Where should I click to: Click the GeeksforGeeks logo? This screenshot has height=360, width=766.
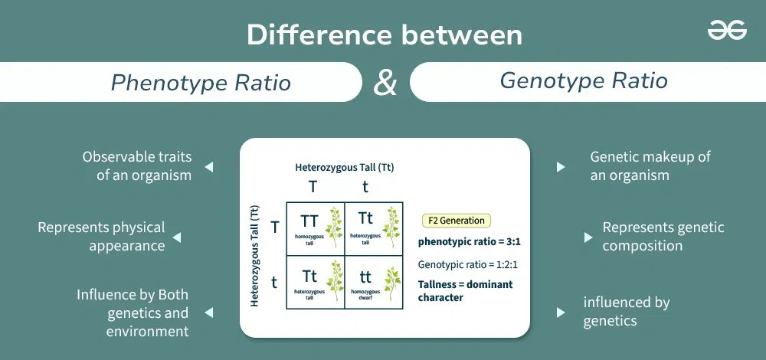(727, 31)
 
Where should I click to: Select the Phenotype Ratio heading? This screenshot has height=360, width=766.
(201, 82)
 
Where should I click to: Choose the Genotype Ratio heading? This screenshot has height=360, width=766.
(584, 80)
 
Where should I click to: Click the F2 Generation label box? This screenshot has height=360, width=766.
(457, 221)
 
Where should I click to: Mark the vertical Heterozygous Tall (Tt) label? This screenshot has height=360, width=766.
(256, 255)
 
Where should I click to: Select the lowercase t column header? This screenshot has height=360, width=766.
(365, 187)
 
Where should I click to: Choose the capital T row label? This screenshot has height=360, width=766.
(275, 227)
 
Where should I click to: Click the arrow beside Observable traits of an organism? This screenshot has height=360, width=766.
(208, 166)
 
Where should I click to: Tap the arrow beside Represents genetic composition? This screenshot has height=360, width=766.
(588, 237)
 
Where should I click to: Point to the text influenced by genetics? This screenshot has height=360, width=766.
(626, 311)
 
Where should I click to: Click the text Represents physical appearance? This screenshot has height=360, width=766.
(101, 237)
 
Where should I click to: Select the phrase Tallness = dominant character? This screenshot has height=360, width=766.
(465, 290)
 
